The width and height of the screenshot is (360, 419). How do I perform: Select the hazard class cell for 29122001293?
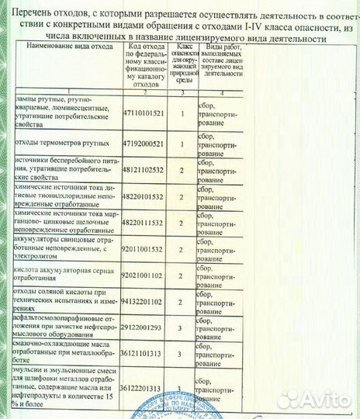181,328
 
